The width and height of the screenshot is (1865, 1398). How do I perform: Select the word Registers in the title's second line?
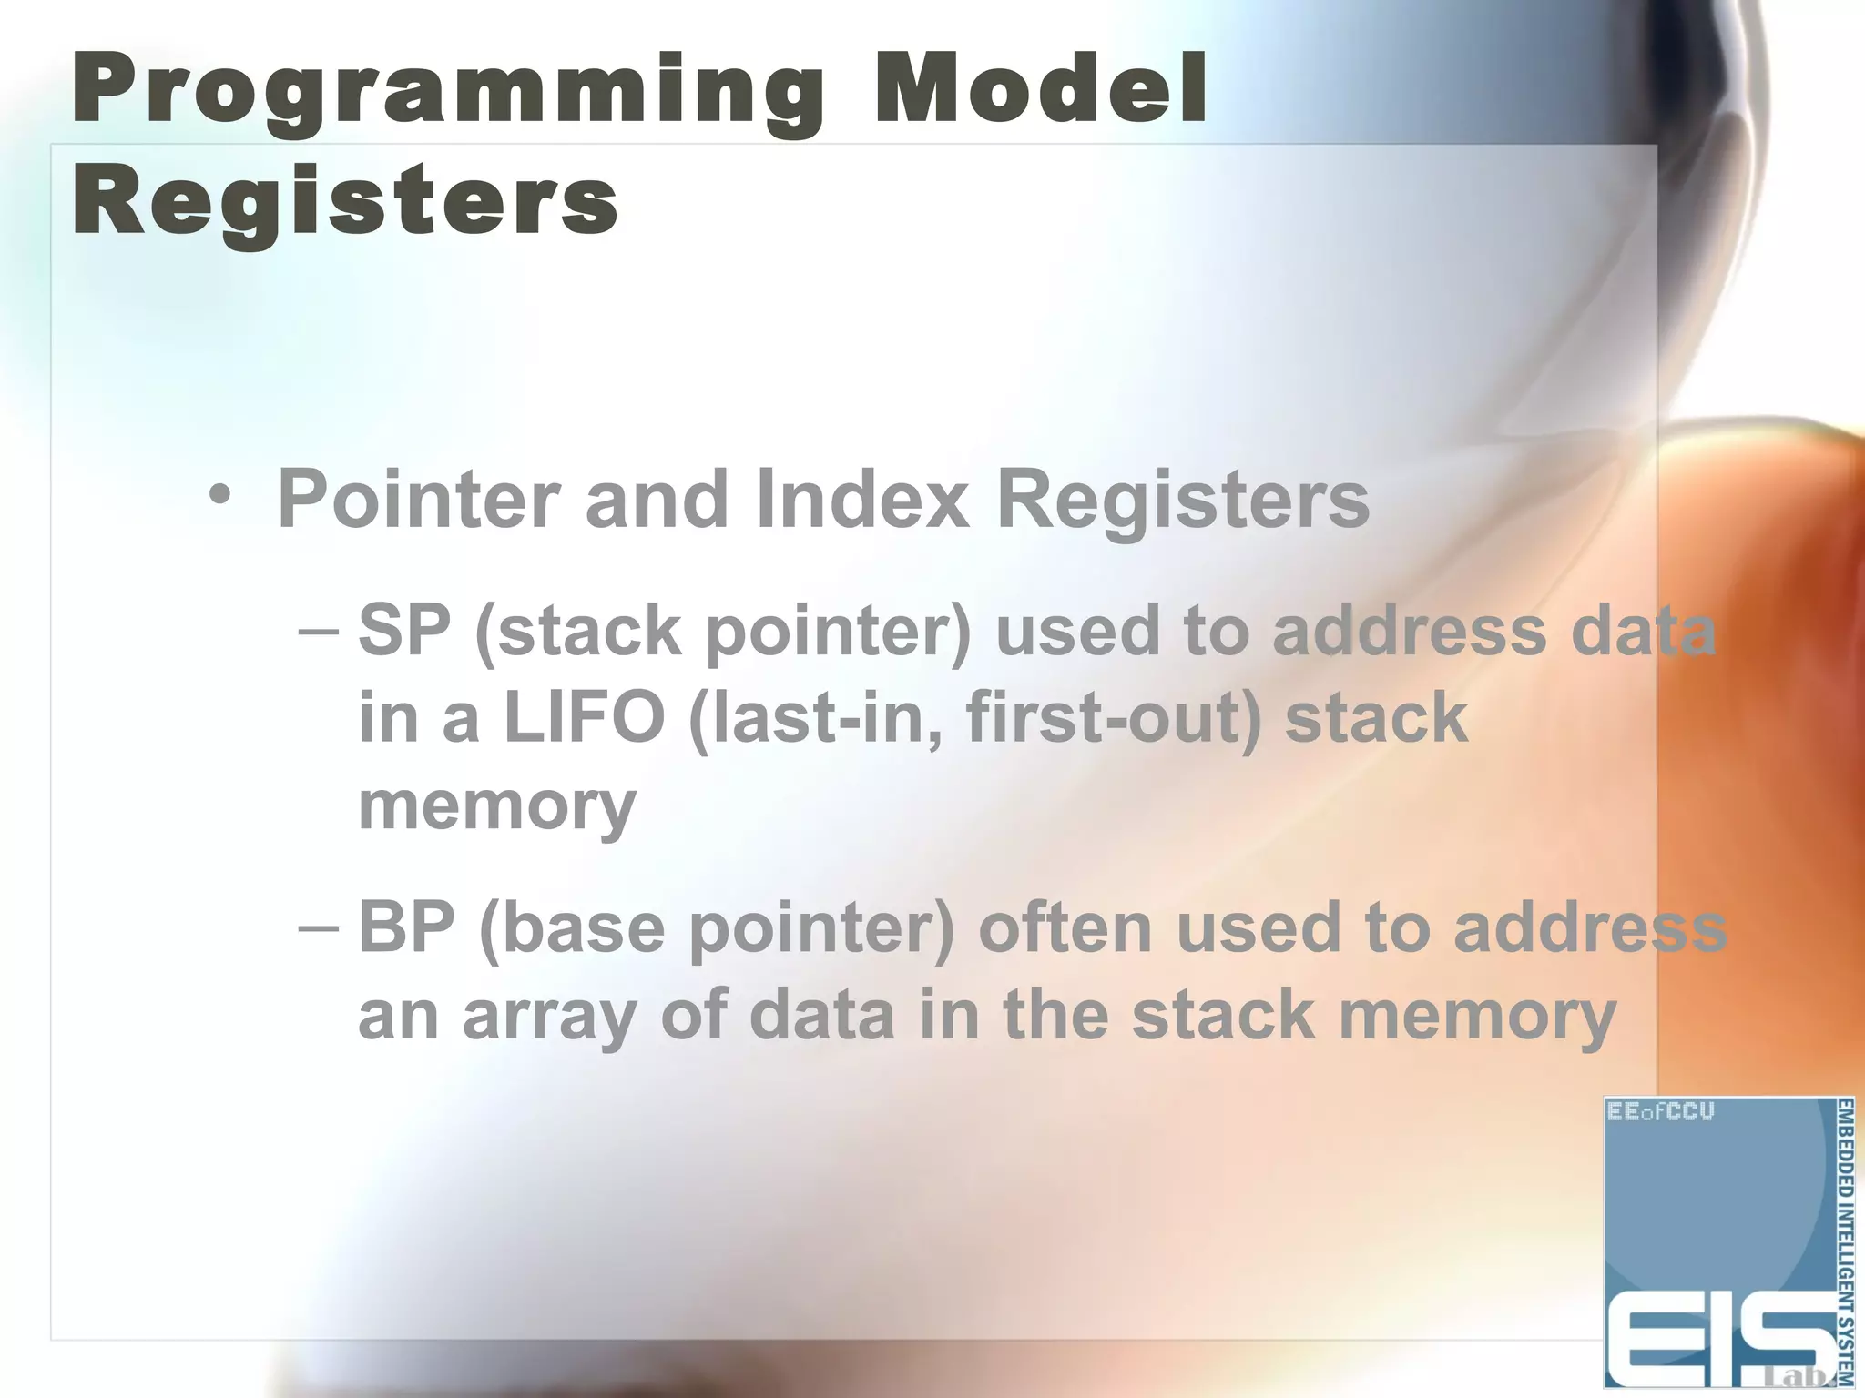coord(345,200)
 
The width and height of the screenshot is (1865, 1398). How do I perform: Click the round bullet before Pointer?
coord(219,496)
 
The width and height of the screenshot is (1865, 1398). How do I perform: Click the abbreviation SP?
coord(404,630)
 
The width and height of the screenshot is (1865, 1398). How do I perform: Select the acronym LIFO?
coord(584,717)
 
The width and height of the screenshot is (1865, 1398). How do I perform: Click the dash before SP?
coord(319,630)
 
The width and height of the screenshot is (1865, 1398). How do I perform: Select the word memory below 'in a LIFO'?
coord(496,806)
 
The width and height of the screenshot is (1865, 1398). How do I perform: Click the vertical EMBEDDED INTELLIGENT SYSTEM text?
coord(1844,1242)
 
